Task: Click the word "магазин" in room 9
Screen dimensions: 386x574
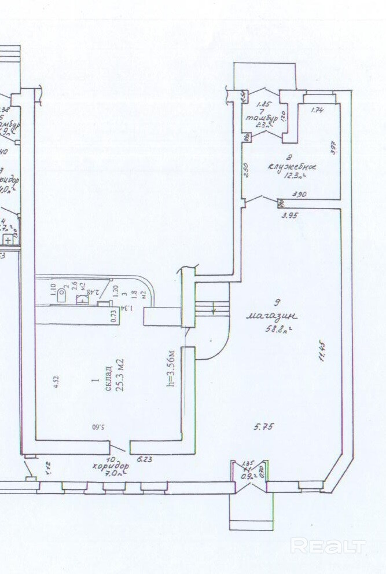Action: (271, 316)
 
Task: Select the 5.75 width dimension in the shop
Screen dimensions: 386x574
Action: (263, 427)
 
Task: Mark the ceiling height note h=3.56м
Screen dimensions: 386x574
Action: (170, 368)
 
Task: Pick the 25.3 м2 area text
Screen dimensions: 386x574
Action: (120, 375)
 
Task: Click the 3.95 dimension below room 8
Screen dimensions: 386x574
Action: (289, 215)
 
